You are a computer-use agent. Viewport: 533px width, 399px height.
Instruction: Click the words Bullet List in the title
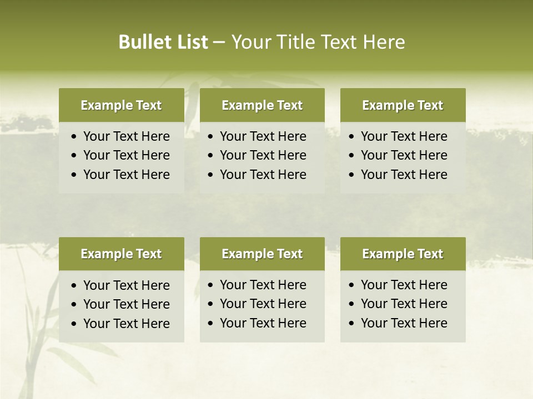163,42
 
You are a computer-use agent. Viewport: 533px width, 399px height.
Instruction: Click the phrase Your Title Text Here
318,42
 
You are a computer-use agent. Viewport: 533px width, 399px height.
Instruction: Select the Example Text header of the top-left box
121,105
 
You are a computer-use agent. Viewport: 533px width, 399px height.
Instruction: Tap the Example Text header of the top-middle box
262,105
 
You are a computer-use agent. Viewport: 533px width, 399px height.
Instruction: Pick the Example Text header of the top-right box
403,105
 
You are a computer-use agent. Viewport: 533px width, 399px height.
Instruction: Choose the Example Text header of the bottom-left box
121,254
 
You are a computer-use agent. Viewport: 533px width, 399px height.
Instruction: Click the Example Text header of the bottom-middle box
262,254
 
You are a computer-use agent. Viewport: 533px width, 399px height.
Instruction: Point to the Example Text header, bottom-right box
403,254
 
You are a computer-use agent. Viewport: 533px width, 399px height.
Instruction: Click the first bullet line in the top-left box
127,136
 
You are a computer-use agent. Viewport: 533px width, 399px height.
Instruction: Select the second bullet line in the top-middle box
263,155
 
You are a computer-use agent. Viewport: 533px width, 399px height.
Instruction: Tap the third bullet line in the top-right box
404,175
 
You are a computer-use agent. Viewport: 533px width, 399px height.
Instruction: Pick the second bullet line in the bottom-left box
127,304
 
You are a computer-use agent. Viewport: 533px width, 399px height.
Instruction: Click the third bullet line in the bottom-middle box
263,323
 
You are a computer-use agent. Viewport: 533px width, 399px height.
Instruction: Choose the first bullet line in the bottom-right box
404,285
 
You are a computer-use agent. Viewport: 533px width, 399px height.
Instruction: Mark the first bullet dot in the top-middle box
210,137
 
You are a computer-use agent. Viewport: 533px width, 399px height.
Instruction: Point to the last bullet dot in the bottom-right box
351,324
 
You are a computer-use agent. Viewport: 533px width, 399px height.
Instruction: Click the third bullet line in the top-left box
127,175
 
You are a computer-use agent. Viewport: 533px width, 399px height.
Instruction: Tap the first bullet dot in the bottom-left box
74,286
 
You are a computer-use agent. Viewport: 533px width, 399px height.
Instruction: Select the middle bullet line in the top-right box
404,155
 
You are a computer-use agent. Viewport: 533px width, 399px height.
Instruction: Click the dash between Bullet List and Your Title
219,42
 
